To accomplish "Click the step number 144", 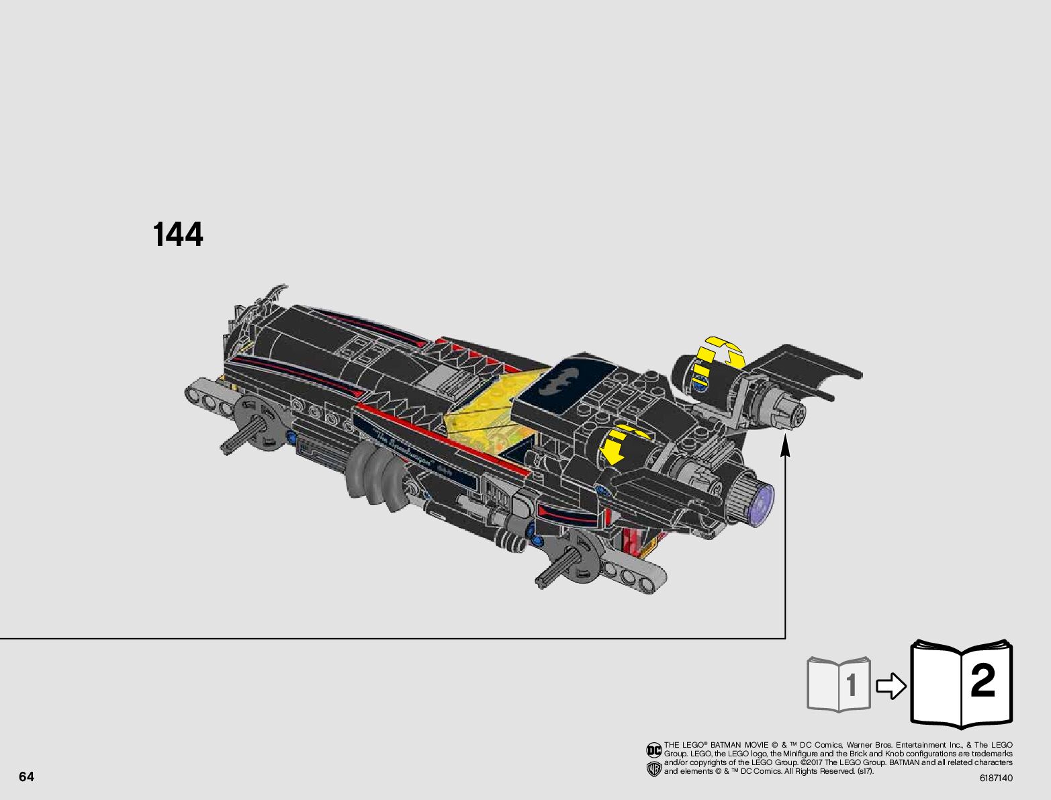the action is [178, 235].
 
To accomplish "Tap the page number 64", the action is [26, 777].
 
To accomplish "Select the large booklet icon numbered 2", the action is [961, 684].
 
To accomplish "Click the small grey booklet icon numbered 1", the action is [839, 684].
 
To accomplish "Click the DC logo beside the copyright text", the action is [653, 749].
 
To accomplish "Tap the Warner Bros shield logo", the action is [653, 769].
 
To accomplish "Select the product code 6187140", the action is [995, 779].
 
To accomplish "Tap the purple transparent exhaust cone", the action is [762, 503].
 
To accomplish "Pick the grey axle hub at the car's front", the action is [259, 423].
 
